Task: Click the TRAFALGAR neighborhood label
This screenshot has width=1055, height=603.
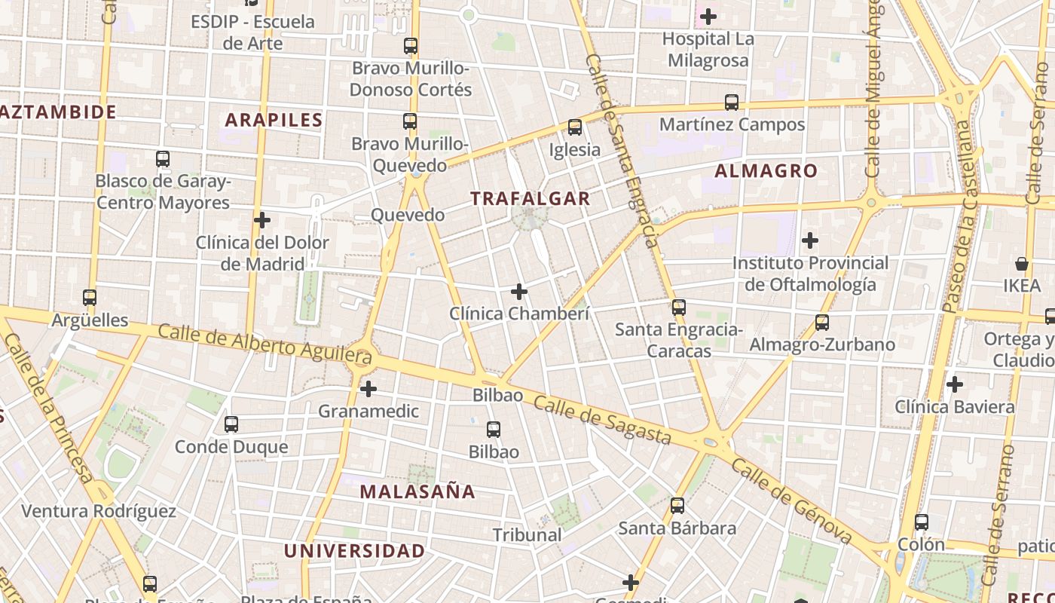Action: pyautogui.click(x=530, y=198)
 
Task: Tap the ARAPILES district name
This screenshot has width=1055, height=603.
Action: pyautogui.click(x=274, y=120)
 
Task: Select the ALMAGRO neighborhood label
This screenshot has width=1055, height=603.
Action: pyautogui.click(x=766, y=171)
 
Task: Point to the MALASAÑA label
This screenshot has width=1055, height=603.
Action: pyautogui.click(x=417, y=492)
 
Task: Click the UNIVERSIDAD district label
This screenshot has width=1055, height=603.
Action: pyautogui.click(x=354, y=551)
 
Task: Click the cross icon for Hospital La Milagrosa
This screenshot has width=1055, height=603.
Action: pyautogui.click(x=708, y=16)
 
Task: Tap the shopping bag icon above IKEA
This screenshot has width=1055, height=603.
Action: pyautogui.click(x=1021, y=264)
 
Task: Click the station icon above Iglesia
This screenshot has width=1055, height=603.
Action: pyautogui.click(x=575, y=127)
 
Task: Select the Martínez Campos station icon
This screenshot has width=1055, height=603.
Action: pyautogui.click(x=732, y=103)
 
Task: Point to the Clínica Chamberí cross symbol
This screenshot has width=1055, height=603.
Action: pyautogui.click(x=519, y=291)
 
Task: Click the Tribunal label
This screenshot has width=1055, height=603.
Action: pyautogui.click(x=527, y=535)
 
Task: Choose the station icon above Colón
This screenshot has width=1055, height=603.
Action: pyautogui.click(x=921, y=522)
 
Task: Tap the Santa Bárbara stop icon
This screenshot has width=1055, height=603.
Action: pyautogui.click(x=677, y=506)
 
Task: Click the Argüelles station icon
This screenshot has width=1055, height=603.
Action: pyautogui.click(x=90, y=298)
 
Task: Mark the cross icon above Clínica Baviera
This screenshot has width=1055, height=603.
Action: pyautogui.click(x=955, y=384)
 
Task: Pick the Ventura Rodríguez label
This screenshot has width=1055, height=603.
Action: pyautogui.click(x=99, y=512)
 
